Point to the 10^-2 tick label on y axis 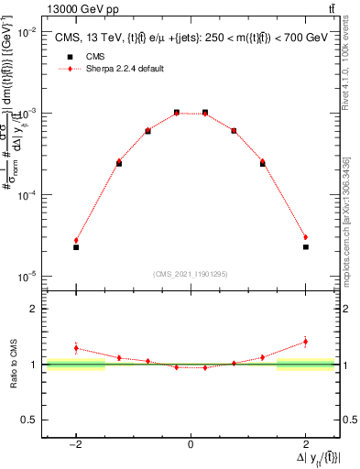click(27, 31)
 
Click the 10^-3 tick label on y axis click(27, 113)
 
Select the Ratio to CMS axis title click(13, 364)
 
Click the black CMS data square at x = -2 click(76, 247)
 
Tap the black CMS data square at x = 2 click(305, 247)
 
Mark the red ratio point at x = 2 click(305, 342)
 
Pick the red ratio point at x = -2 click(76, 348)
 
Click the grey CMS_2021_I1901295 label click(190, 274)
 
